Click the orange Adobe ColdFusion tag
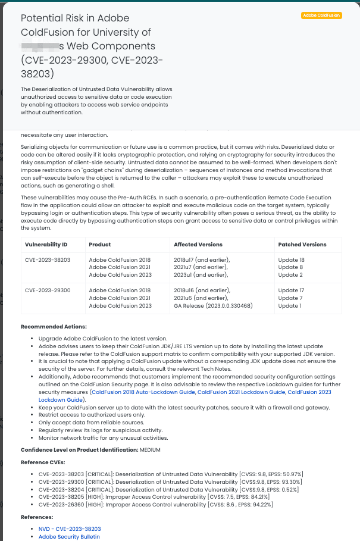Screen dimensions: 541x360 [x=322, y=15]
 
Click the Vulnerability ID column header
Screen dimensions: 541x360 [x=46, y=245]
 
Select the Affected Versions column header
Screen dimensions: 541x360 [x=198, y=245]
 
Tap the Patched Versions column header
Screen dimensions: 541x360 [x=302, y=245]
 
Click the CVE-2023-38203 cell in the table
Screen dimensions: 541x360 [x=48, y=260]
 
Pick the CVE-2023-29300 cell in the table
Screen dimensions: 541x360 [x=48, y=290]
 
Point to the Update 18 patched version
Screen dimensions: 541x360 [x=292, y=260]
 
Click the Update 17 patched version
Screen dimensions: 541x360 [x=292, y=290]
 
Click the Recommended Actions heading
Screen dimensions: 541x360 [x=54, y=327]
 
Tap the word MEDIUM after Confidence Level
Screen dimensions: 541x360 [x=151, y=449]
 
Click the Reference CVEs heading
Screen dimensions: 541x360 [x=43, y=462]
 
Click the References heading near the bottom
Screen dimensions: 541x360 [x=37, y=517]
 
